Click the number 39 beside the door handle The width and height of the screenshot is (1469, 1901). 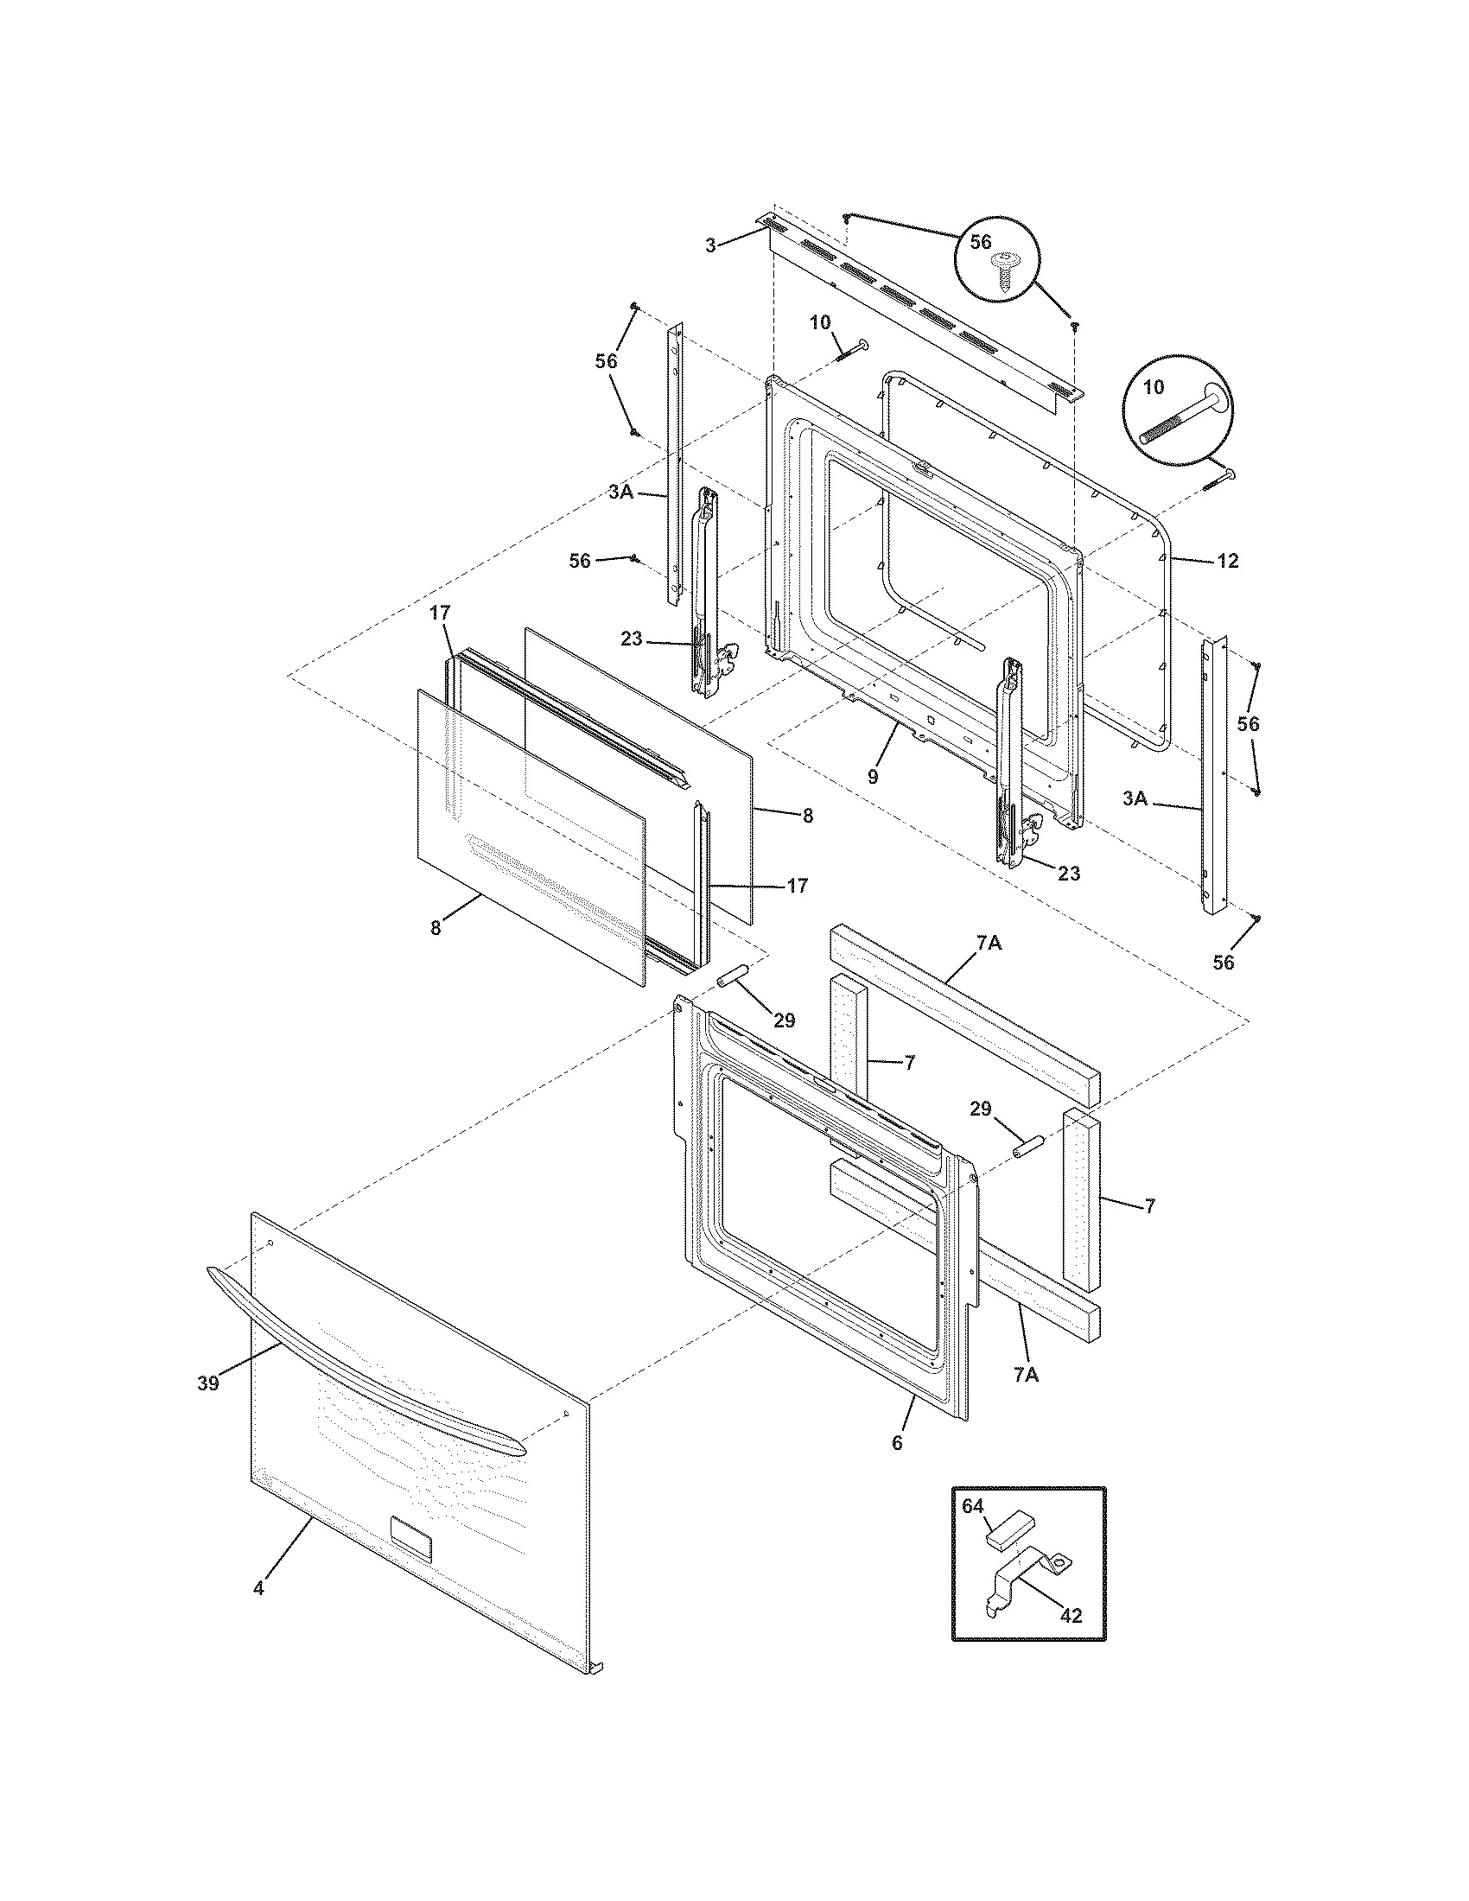pos(207,1383)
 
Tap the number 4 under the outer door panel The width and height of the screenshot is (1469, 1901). pos(258,1587)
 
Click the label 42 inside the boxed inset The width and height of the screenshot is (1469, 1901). pos(1072,1615)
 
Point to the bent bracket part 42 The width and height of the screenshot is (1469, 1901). pos(1027,1577)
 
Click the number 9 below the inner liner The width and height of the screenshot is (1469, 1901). pos(873,778)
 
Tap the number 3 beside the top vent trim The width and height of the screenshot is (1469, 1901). pos(710,245)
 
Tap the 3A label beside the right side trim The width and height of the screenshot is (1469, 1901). pos(1135,798)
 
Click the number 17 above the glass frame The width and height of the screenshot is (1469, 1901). pos(441,613)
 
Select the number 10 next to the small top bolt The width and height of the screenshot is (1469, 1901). pos(820,323)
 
